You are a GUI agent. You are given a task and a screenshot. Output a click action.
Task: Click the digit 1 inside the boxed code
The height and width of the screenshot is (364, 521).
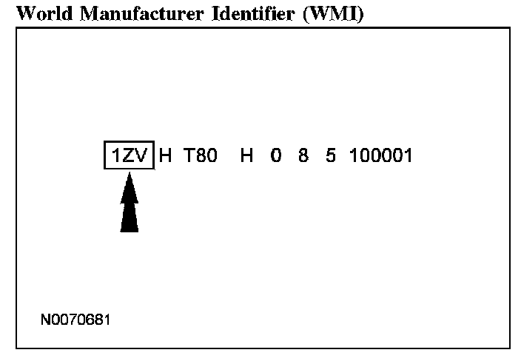point(115,156)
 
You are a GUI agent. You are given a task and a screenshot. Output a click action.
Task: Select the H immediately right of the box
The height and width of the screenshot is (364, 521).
point(166,156)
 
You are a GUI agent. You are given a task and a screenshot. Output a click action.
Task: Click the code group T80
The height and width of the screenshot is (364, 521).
point(201,156)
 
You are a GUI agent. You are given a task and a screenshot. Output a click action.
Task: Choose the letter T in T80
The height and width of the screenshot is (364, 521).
point(189,156)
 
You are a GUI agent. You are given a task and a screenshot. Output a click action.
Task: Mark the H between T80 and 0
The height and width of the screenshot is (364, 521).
point(247,156)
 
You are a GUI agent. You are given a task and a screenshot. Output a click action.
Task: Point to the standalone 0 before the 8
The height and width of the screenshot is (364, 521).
point(276,156)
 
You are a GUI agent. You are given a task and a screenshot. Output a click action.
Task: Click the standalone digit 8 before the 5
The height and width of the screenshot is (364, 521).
point(303,156)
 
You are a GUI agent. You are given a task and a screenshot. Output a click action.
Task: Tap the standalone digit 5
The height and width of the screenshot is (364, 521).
point(330,156)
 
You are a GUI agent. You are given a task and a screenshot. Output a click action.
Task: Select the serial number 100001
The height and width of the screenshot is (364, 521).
point(381,156)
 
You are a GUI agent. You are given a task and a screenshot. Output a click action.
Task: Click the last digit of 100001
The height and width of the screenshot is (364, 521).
point(408,156)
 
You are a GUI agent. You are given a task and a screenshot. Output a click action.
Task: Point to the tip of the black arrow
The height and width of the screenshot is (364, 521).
point(130,175)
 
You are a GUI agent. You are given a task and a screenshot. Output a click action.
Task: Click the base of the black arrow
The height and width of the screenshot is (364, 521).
point(130,229)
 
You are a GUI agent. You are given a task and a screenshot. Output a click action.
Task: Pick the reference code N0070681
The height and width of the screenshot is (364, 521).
point(76,321)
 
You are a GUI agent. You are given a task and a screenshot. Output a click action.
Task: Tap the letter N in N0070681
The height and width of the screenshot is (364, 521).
point(46,321)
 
